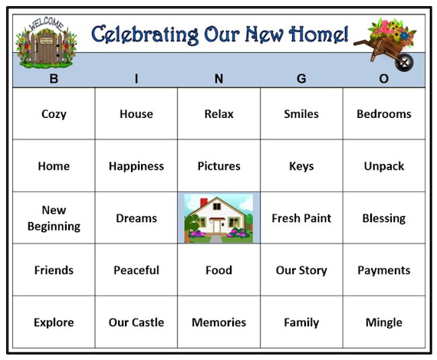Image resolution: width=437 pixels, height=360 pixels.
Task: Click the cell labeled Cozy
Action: coord(54,113)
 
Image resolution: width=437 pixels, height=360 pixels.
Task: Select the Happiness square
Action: coord(136,166)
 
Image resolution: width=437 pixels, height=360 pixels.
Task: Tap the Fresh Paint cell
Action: coord(301,218)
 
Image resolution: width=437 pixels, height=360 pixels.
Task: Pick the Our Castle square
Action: coord(136,322)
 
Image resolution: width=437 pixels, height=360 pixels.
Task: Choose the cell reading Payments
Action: coord(384,270)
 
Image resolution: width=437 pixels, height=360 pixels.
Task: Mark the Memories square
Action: coord(219,322)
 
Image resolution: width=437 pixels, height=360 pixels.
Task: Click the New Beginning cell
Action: coord(54,218)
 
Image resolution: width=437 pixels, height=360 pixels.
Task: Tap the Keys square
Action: coord(301,166)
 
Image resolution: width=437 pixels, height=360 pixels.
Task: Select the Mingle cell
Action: coord(384,322)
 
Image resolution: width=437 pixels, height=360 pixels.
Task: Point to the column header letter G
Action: coord(301,79)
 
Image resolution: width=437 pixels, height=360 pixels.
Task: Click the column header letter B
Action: coord(54,79)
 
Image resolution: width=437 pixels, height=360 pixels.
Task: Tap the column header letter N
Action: coord(219,79)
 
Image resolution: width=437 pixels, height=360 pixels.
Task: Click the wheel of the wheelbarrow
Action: coord(404,62)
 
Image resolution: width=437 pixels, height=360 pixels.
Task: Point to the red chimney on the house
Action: coord(204,202)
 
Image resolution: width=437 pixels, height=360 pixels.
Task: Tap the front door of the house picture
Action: coord(216,226)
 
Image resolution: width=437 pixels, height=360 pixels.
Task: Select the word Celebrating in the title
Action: coord(145,34)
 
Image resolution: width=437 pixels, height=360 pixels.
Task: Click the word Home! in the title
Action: coord(319,34)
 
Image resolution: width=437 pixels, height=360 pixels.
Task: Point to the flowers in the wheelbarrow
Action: coord(392,30)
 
